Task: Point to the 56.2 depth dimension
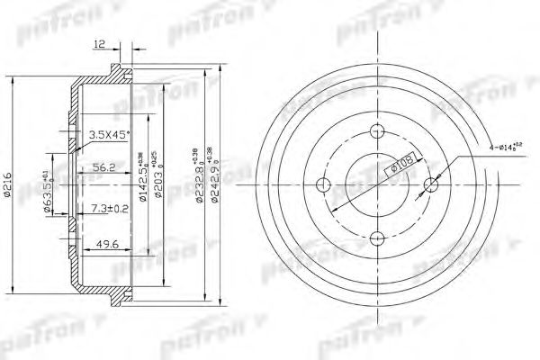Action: click(105, 166)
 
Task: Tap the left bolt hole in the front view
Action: click(326, 186)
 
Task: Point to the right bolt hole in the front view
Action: click(429, 186)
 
